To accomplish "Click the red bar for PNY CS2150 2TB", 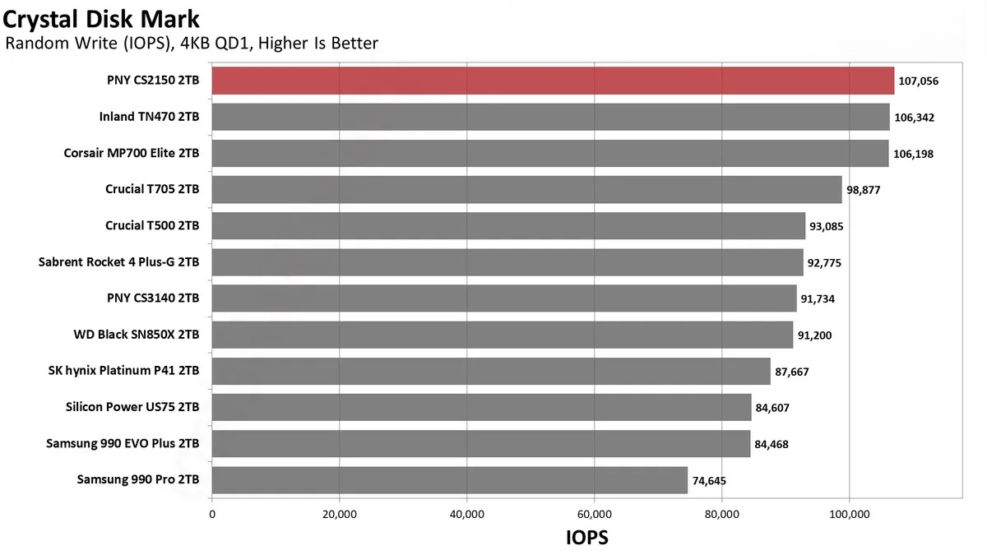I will coord(553,81).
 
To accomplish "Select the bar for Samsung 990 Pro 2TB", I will coord(449,480).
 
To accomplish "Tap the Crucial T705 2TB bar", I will coord(526,189).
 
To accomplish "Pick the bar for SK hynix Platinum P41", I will coord(491,371).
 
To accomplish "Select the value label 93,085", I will coord(830,226).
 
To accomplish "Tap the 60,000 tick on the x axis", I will coord(594,515).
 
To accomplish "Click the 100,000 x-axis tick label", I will coord(849,515).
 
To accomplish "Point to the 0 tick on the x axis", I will coord(212,515).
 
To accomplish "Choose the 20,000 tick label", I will coord(339,515).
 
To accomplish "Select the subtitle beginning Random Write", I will coord(192,43).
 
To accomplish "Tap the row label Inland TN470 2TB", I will coord(149,117).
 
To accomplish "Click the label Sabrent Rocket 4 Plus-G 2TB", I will coord(119,262).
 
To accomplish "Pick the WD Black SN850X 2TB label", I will coord(137,335).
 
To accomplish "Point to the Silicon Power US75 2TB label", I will coord(132,407).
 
